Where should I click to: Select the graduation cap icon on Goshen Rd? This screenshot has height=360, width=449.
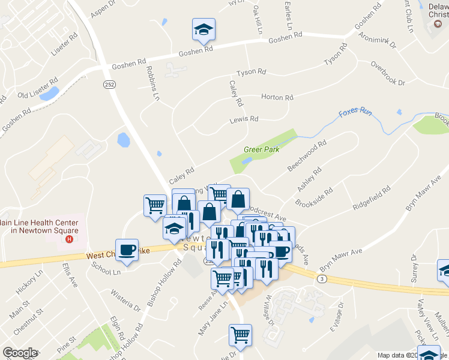(x=204, y=29)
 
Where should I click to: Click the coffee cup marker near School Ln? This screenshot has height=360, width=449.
(x=127, y=250)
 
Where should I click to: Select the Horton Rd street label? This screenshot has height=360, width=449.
(x=277, y=97)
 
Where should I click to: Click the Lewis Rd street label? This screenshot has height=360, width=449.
(x=244, y=119)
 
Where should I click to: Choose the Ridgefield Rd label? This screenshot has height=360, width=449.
(x=372, y=197)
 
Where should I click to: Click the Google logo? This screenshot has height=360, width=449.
(x=20, y=353)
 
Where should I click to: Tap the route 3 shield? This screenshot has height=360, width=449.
(x=323, y=279)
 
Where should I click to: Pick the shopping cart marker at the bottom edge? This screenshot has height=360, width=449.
(x=241, y=335)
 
